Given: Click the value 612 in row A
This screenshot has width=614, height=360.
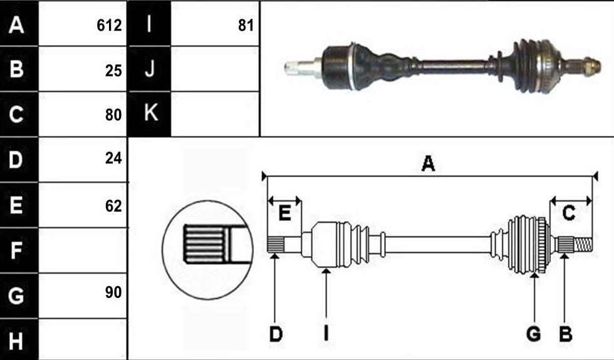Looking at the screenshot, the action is click(x=109, y=26).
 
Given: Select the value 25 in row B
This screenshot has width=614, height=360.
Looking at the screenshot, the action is click(x=113, y=71).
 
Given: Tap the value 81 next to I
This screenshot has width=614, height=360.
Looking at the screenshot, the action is click(x=246, y=26).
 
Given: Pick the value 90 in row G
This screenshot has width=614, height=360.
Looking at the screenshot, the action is click(x=113, y=292).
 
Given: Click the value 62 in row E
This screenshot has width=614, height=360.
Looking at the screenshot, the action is click(x=113, y=206).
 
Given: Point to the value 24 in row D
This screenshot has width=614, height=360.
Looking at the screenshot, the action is click(x=113, y=158).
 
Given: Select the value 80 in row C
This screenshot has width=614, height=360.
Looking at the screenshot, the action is click(x=113, y=115).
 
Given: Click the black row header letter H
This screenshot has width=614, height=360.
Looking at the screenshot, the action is click(x=16, y=341).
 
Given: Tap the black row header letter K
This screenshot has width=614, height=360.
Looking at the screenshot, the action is click(x=151, y=112).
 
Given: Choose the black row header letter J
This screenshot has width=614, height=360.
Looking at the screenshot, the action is click(x=150, y=69).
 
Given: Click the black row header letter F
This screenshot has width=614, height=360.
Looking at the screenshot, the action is click(x=16, y=250).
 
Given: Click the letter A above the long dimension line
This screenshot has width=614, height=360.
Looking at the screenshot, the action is click(x=428, y=163).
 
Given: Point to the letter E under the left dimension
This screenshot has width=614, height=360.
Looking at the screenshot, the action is click(x=284, y=213).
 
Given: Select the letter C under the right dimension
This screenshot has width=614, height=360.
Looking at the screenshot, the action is click(x=569, y=213).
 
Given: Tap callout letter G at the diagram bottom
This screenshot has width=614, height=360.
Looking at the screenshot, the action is click(x=533, y=334).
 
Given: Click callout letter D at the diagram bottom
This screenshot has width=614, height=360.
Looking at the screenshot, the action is click(x=276, y=334).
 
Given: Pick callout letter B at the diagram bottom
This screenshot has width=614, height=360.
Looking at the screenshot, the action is click(x=565, y=334).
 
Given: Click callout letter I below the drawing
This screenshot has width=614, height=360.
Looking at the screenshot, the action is click(x=326, y=334).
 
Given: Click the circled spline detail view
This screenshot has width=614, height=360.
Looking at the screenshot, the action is click(x=207, y=250).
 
